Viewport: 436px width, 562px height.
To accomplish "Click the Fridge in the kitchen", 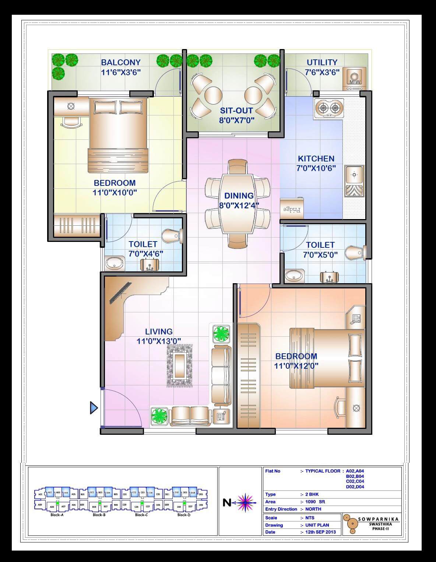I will tap(292, 209).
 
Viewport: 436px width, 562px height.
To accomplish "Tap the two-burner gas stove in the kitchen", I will tap(329, 108).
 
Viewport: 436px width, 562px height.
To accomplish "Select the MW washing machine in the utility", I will tap(354, 79).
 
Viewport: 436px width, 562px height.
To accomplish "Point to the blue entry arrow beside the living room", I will tap(94, 408).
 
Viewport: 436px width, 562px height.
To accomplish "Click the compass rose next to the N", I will tap(245, 502).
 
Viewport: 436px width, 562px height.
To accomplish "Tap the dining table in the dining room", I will tap(238, 204).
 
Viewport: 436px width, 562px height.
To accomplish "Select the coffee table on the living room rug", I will tap(180, 366).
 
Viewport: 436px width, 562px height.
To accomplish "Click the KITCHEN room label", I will tap(316, 159).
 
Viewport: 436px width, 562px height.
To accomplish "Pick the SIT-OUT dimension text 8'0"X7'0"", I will tap(237, 120).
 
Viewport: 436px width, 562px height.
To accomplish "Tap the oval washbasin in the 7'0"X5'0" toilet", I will tap(294, 275).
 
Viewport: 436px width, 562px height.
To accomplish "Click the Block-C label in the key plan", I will tap(141, 515).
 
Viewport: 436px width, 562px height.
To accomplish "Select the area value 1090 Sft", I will tap(315, 502).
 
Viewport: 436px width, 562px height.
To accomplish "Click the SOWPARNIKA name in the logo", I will tap(378, 519).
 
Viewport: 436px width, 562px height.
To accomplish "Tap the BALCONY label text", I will tap(121, 62).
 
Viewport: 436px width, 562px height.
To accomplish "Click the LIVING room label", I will tap(158, 332).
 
